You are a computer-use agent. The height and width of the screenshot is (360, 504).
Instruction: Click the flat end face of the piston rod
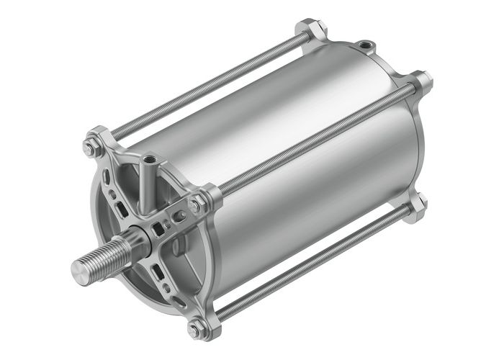coord(78,270)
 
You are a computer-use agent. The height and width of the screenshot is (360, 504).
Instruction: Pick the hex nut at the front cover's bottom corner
coord(195,330)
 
